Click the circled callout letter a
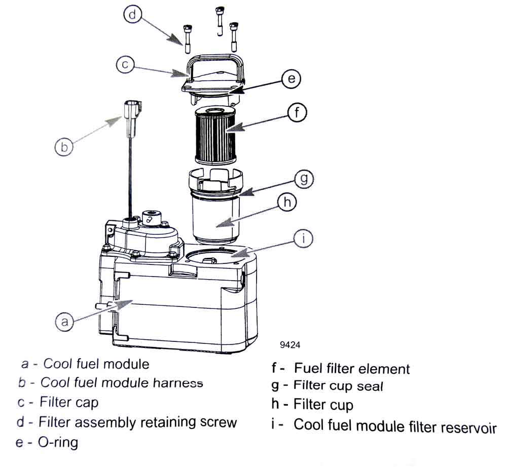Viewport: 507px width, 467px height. click(64, 321)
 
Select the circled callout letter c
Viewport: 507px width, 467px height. click(125, 65)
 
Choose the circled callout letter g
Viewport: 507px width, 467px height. click(302, 178)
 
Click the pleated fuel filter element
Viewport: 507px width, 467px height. click(215, 135)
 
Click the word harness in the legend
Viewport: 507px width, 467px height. click(177, 383)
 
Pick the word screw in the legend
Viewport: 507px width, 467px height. click(216, 422)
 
